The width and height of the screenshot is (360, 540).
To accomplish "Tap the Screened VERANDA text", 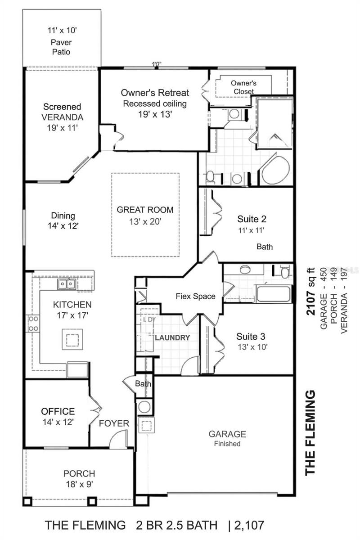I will click(62, 112).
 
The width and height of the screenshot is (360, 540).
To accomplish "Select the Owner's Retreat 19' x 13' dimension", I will click(155, 114).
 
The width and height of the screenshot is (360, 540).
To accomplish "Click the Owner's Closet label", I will click(243, 87).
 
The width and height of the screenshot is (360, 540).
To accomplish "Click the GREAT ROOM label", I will click(145, 210).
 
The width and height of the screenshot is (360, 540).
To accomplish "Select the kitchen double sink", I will click(67, 284).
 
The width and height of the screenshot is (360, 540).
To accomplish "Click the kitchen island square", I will click(72, 339).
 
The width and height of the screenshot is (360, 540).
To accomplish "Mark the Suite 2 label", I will click(252, 219).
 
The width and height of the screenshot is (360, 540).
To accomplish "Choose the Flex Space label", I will click(195, 297).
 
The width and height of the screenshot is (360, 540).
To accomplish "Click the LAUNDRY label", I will click(172, 337).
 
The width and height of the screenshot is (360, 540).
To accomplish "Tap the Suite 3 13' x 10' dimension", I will click(252, 347).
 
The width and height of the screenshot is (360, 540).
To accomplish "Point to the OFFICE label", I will click(58, 411).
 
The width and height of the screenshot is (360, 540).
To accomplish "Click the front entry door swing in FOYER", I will click(118, 439).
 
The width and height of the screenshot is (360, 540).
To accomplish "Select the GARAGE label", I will click(227, 434).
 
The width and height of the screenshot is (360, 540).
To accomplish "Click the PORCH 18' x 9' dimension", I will click(79, 484).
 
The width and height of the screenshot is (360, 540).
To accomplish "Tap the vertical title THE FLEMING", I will click(310, 433).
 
